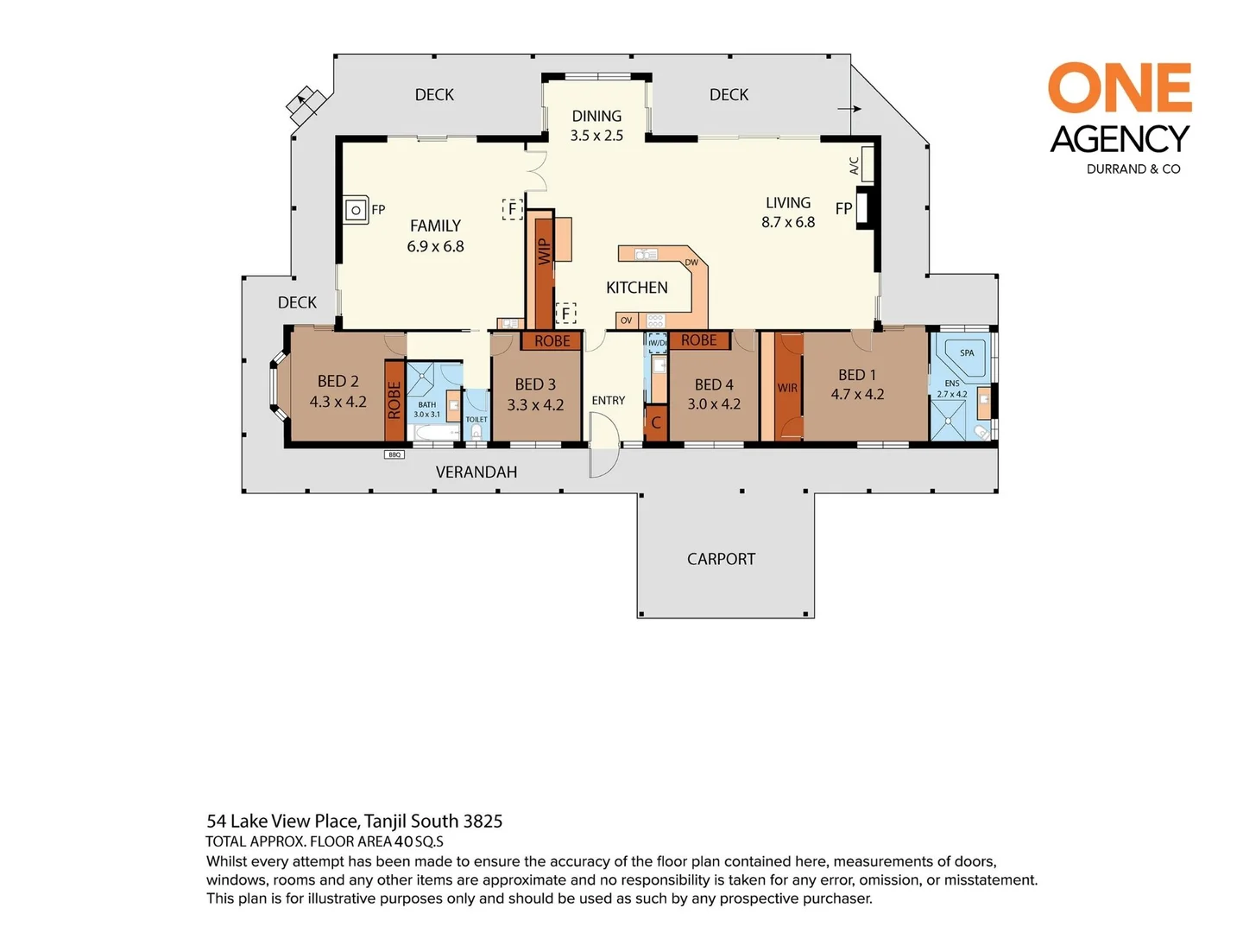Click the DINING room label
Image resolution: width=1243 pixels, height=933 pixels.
click(x=596, y=116)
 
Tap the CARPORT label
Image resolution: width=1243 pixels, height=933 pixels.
click(x=721, y=559)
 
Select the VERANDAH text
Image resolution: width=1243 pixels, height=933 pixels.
click(x=476, y=472)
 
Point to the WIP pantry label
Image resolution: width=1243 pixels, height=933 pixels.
click(x=544, y=251)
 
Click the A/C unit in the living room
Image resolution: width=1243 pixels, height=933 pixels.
click(x=868, y=164)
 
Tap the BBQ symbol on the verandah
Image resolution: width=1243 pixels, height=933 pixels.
click(x=394, y=454)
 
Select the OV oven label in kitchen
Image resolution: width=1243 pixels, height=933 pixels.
click(x=627, y=321)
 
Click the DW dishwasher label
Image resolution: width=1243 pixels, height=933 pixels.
click(x=691, y=263)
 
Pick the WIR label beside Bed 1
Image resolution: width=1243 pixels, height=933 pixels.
click(x=787, y=388)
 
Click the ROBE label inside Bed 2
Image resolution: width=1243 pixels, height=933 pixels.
click(x=394, y=401)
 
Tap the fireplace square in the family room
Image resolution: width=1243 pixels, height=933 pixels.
click(x=355, y=210)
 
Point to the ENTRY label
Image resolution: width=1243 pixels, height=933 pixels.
click(x=609, y=400)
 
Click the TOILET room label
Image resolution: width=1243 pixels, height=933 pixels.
click(x=476, y=419)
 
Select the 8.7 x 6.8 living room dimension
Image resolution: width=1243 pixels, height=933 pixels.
click(x=788, y=222)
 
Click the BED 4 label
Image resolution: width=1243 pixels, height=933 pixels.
click(x=714, y=384)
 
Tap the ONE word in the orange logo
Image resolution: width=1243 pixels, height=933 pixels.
click(x=1120, y=88)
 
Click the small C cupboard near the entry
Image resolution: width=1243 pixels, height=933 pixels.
click(x=656, y=422)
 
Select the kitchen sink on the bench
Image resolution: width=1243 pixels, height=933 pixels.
click(x=646, y=254)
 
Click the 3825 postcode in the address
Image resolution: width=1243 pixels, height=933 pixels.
click(x=483, y=821)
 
